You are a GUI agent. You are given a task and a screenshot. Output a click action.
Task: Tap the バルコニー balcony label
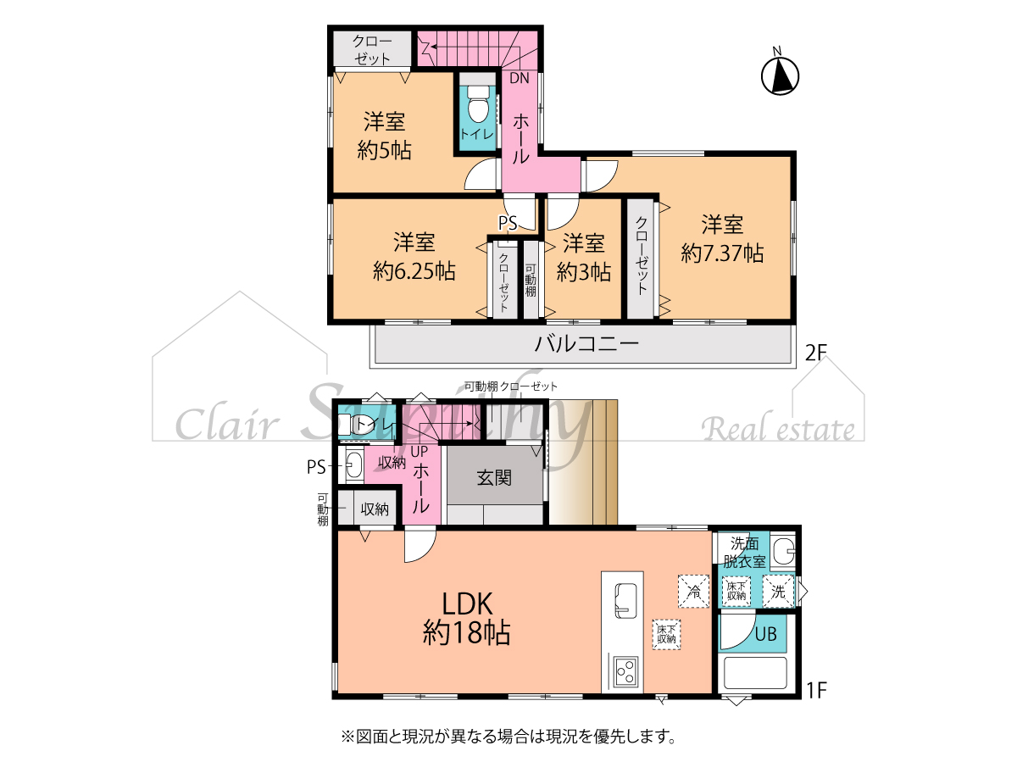586,344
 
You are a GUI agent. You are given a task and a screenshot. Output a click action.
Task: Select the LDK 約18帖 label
467,619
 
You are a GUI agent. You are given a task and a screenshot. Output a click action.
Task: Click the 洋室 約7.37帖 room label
722,239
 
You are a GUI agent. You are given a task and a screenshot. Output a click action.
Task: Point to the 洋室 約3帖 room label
583,258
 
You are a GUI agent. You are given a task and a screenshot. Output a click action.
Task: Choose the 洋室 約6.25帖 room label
414,257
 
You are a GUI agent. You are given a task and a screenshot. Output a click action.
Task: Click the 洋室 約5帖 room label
384,136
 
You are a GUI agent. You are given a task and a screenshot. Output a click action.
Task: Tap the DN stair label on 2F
519,78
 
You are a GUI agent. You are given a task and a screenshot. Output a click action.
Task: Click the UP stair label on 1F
420,451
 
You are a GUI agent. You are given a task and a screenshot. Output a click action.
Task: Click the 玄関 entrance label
494,478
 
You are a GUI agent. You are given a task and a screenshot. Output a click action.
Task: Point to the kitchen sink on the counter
625,600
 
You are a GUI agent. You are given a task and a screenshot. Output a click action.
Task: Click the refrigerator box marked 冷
693,591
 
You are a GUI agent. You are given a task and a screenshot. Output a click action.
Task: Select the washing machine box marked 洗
778,591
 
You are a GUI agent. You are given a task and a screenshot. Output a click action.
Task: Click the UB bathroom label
765,634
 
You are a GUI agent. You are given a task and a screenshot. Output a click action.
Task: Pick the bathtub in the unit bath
755,674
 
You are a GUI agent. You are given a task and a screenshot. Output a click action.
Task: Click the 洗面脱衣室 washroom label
745,552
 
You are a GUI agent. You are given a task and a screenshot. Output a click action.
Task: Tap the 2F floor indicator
816,353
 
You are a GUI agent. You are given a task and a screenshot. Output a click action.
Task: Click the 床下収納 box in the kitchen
667,635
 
